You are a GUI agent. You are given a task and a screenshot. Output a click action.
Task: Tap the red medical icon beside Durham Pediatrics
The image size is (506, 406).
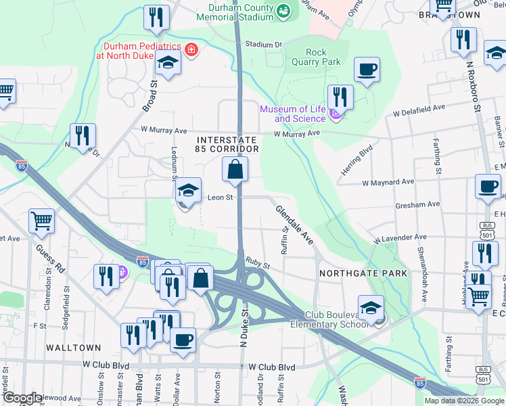[191, 49]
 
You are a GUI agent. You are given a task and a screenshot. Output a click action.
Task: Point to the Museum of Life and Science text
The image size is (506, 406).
[294, 114]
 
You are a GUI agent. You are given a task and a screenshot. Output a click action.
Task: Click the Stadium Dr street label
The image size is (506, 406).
[263, 45]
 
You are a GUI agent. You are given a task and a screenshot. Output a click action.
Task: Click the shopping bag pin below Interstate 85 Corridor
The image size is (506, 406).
[235, 171]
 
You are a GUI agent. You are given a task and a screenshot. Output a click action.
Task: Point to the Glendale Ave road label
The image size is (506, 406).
[294, 225]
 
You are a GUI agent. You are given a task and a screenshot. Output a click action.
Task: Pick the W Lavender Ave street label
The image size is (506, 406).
[400, 238]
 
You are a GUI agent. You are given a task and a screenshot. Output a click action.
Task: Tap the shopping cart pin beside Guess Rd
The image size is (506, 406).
[41, 220]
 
